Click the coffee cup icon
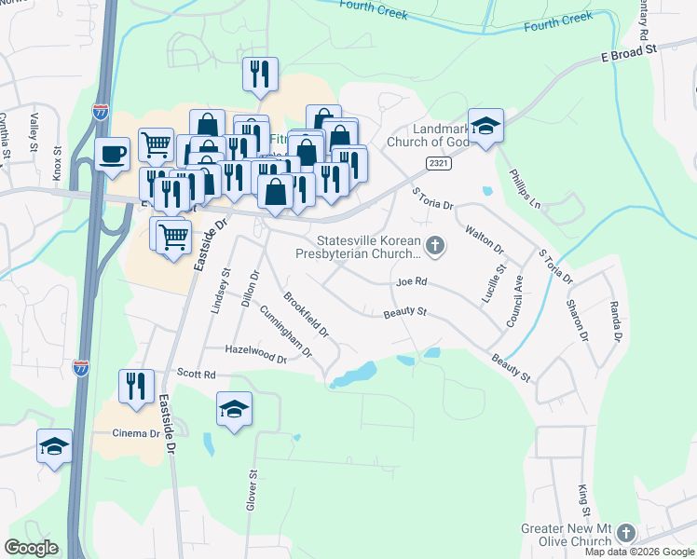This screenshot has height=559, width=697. tap(112, 154)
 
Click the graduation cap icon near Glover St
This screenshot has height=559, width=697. tap(234, 409)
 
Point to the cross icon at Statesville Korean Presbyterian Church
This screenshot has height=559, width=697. tap(434, 246)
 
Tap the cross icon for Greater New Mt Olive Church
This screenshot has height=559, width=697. tap(625, 534)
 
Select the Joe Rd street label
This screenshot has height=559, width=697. tap(411, 281)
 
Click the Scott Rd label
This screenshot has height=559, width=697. tap(197, 375)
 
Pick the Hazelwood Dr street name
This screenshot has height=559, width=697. tap(255, 354)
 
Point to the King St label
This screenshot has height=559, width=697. tap(584, 500)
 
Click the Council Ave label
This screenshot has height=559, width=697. tap(514, 300)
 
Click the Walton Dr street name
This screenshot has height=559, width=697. tap(484, 239)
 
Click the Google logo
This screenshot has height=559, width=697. tap(31, 548)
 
